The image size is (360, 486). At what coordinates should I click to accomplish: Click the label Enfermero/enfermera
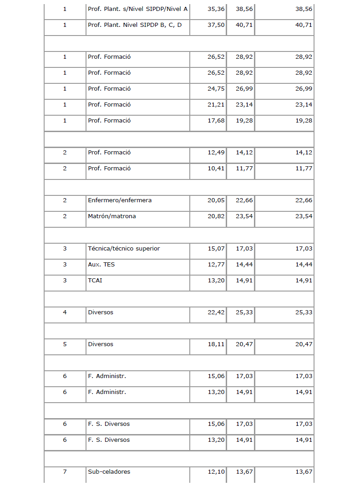(x=120, y=200)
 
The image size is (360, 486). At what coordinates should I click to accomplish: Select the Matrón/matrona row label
(x=112, y=216)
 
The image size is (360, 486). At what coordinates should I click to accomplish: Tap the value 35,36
(x=216, y=9)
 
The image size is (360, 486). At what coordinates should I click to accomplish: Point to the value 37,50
(x=216, y=25)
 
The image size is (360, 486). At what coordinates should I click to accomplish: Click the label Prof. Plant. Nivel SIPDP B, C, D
(x=135, y=25)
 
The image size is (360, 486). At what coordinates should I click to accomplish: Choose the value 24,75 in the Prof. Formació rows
(x=216, y=89)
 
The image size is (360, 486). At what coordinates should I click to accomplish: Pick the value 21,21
(x=216, y=105)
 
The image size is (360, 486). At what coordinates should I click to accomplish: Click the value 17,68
(x=216, y=121)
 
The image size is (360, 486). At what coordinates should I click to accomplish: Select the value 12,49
(x=216, y=153)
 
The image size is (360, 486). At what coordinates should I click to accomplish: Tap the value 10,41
(x=216, y=169)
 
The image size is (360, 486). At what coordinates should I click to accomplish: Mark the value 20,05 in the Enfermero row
(x=216, y=200)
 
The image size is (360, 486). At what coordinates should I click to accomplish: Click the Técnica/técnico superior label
(x=124, y=249)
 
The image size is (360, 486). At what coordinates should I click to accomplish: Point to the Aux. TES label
(x=101, y=265)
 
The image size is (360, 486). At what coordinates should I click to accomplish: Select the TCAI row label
(x=95, y=281)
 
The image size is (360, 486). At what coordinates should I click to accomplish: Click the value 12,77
(x=216, y=265)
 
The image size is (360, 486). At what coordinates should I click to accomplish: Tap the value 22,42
(x=216, y=312)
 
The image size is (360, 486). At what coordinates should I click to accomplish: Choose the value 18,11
(x=216, y=344)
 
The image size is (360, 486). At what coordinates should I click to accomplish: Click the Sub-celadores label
(x=109, y=472)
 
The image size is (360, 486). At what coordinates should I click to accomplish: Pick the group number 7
(x=65, y=472)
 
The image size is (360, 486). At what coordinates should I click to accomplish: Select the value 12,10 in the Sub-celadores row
(x=216, y=472)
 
